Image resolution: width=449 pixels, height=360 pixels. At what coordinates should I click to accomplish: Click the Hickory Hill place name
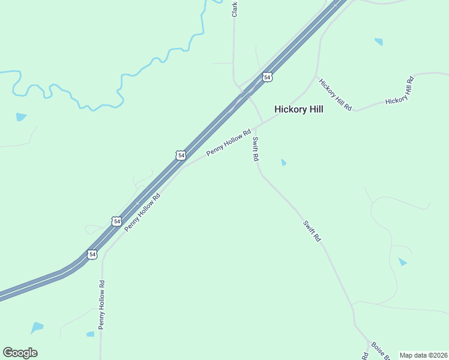click(298, 109)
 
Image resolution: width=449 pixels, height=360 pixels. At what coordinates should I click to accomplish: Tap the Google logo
click(20, 353)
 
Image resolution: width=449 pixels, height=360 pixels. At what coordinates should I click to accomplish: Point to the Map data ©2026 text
click(423, 355)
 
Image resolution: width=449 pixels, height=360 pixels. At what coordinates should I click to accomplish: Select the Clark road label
click(235, 9)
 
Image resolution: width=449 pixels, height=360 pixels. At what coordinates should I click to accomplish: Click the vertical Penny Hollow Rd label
click(102, 305)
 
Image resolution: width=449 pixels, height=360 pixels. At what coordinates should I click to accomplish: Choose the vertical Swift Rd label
click(255, 149)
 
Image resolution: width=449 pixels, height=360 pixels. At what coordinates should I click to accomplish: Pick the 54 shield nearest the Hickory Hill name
click(267, 77)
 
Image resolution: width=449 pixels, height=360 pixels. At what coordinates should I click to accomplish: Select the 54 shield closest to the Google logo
click(92, 254)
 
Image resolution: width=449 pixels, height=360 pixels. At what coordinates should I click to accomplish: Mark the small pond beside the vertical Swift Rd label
click(283, 162)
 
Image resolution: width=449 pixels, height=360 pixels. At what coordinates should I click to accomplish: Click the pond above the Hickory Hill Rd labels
click(378, 41)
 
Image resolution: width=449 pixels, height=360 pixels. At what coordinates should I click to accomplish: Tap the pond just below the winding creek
click(22, 116)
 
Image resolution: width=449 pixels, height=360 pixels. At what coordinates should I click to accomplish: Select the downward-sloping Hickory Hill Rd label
click(335, 94)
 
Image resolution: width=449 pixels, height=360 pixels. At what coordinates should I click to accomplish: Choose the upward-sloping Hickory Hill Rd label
click(400, 92)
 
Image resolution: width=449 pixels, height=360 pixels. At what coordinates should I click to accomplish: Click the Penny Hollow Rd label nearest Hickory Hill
click(228, 143)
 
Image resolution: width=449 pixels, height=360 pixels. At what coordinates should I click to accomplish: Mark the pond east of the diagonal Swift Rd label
click(403, 262)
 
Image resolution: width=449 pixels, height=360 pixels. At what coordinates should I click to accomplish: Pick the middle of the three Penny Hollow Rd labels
click(142, 212)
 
